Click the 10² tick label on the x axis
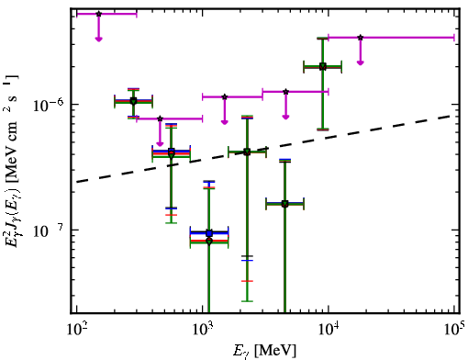[x=77, y=330]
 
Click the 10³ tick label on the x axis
[x=203, y=330]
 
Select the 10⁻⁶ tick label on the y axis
[x=49, y=105]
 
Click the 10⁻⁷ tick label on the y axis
[x=49, y=231]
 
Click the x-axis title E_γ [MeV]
[x=264, y=351]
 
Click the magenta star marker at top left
[x=98, y=14]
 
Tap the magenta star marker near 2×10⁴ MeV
[x=361, y=38]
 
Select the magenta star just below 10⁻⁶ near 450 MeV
[x=160, y=118]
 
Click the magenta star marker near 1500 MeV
[x=225, y=97]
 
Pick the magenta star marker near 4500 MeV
[x=285, y=92]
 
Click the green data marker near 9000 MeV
[x=323, y=67]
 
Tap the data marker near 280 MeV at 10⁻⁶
[x=133, y=101]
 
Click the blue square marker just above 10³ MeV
[x=209, y=233]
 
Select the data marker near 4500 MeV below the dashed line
[x=284, y=204]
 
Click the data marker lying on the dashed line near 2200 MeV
[x=247, y=152]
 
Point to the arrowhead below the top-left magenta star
[x=98, y=39]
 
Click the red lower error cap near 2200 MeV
[x=247, y=281]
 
